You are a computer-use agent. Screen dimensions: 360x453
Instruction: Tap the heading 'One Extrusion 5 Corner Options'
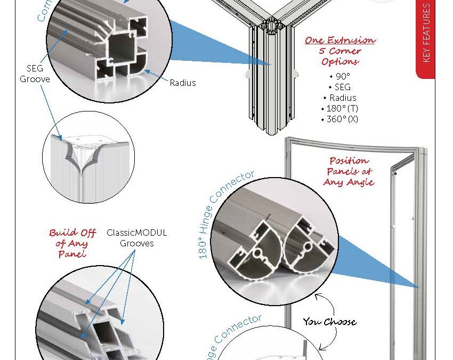click(x=341, y=51)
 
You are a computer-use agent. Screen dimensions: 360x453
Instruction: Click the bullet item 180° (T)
click(x=339, y=108)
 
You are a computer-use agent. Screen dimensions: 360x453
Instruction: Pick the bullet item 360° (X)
click(x=339, y=119)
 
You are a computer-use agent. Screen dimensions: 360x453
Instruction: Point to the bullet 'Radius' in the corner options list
click(x=340, y=98)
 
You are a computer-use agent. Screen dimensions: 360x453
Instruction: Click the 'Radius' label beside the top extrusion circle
click(x=183, y=83)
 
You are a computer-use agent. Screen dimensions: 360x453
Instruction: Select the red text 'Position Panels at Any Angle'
click(x=349, y=171)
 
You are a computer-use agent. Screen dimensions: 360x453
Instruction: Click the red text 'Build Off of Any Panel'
click(x=72, y=243)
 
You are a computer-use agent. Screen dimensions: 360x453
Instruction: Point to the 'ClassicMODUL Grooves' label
click(x=137, y=238)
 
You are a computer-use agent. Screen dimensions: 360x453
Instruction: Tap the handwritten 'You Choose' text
click(x=330, y=322)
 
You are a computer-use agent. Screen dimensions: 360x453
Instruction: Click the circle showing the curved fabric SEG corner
click(x=87, y=163)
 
